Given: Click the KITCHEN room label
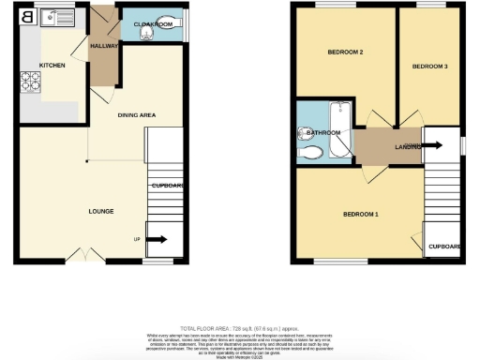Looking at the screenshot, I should click(51, 65).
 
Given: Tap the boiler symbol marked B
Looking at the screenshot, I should click(26, 16).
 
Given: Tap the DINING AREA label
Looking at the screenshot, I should click(136, 115).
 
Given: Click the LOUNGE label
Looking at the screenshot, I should click(100, 211).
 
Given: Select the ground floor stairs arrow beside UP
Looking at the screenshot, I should click(157, 240).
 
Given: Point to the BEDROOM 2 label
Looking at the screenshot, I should click(344, 52).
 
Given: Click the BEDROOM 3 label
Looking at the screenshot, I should click(429, 67).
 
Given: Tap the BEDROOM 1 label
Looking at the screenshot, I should click(361, 215).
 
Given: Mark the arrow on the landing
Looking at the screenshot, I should click(432, 145).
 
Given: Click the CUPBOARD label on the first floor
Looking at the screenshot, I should click(444, 247).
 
